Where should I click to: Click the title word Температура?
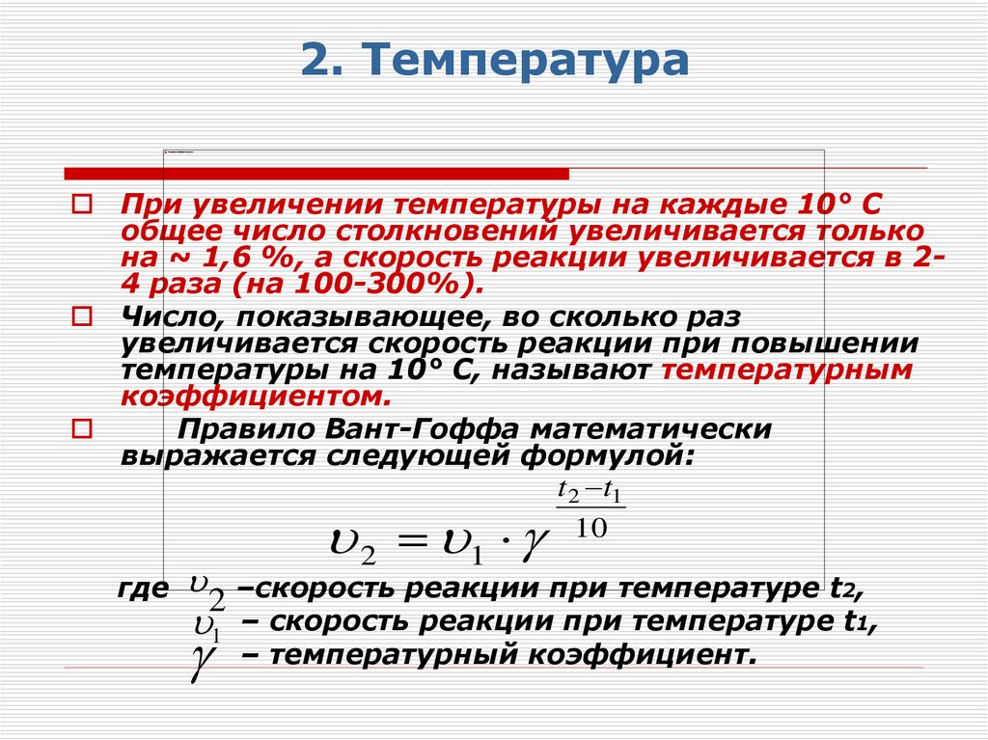coord(526,61)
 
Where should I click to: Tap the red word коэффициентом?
coord(257,397)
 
